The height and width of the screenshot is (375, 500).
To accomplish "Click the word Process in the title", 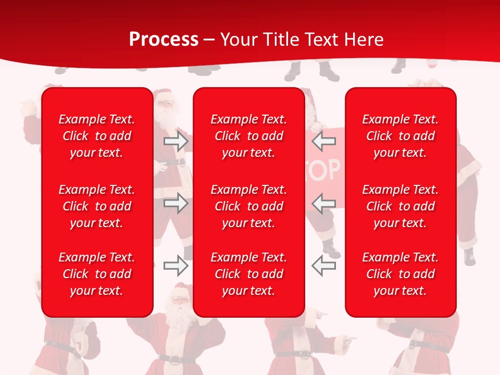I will coord(164,40).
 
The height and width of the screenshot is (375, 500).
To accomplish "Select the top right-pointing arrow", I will coord(176,141).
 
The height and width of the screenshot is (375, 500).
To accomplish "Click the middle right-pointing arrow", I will coord(176,203).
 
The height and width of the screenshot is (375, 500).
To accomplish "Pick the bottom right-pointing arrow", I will coord(176,266).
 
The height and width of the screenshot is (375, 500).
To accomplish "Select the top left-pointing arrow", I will coord(324,141).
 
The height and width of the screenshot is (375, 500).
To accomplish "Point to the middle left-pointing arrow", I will coord(324,203).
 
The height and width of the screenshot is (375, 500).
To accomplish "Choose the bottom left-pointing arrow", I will coord(324,266).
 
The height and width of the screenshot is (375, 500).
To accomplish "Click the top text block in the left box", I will coord(97,136).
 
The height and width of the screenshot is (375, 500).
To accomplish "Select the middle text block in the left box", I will coord(97,206).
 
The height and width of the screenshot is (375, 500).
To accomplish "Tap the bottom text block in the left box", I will coord(97,274).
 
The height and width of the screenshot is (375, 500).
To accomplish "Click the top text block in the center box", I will coord(249,136).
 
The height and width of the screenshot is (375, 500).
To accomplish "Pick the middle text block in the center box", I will coord(249,206).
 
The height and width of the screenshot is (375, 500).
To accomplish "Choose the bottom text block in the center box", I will coord(249,274).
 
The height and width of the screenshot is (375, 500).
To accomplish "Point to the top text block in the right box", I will coord(401,136).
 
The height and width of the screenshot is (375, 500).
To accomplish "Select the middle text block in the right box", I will coord(401,206).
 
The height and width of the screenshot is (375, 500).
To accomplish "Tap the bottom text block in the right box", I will coord(401,274).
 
